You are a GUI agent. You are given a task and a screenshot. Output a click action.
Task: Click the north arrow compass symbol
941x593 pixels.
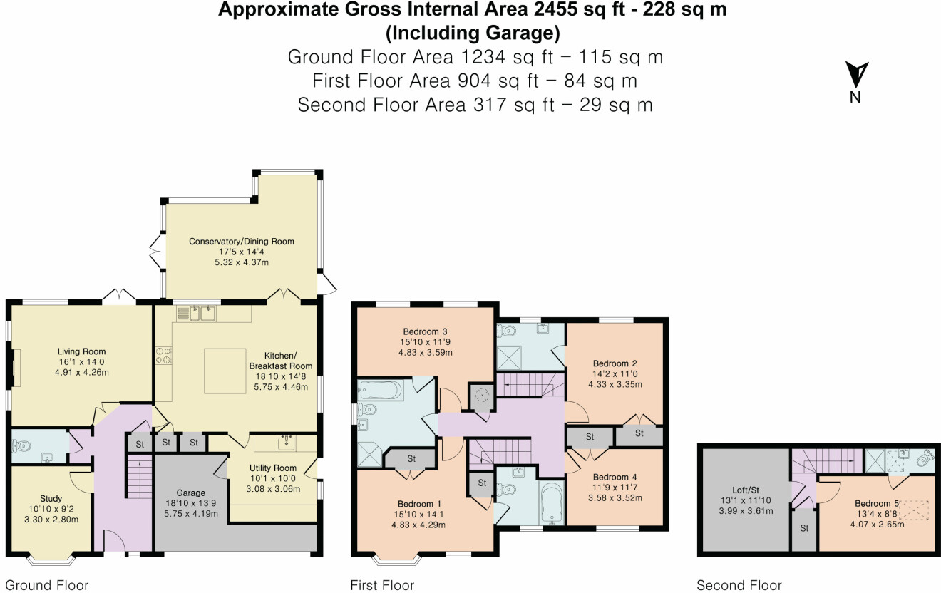(x=855, y=76)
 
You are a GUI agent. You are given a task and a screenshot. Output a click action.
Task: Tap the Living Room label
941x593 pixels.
(x=81, y=351)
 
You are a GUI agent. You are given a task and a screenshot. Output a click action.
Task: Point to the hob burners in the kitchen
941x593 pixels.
(x=163, y=355)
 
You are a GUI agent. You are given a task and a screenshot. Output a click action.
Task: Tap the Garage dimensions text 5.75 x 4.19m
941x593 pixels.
(x=190, y=513)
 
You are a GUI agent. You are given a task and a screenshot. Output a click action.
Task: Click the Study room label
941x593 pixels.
(x=51, y=499)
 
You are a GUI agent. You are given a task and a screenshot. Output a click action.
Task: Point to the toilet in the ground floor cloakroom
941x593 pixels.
(x=22, y=446)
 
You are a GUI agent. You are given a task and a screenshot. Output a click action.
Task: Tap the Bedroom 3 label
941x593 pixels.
(x=425, y=331)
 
